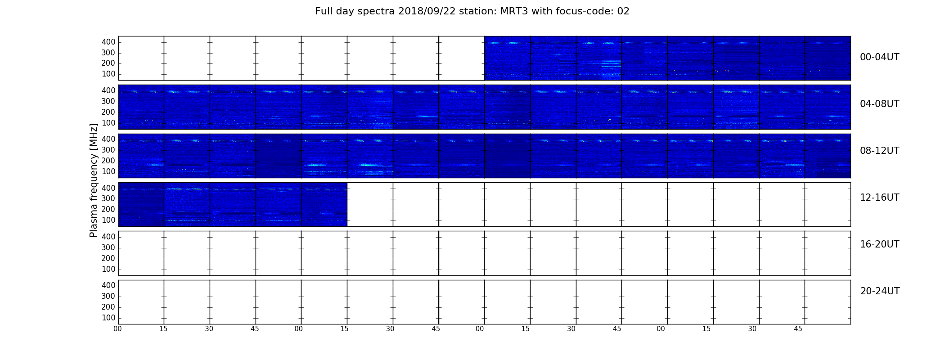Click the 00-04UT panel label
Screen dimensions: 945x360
[879, 57]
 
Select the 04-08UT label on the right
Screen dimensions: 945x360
[879, 104]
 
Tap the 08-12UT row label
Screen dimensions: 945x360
[879, 151]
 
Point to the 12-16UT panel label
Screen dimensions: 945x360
[879, 198]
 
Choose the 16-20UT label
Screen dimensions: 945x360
[879, 244]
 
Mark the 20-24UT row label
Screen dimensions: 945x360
[880, 291]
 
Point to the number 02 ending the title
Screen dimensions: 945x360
[623, 11]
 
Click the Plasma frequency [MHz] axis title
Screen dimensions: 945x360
[94, 180]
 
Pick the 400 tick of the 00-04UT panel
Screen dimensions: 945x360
[108, 42]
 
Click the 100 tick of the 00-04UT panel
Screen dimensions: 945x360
[108, 74]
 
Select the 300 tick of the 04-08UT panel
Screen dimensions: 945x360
[108, 101]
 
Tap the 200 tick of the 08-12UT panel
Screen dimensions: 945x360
[108, 161]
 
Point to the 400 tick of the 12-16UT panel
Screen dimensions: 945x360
[108, 188]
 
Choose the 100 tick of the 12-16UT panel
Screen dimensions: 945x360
[108, 220]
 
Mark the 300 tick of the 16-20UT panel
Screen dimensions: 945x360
[108, 247]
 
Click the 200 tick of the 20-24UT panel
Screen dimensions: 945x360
[108, 307]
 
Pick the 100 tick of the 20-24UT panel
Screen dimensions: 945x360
[108, 318]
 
